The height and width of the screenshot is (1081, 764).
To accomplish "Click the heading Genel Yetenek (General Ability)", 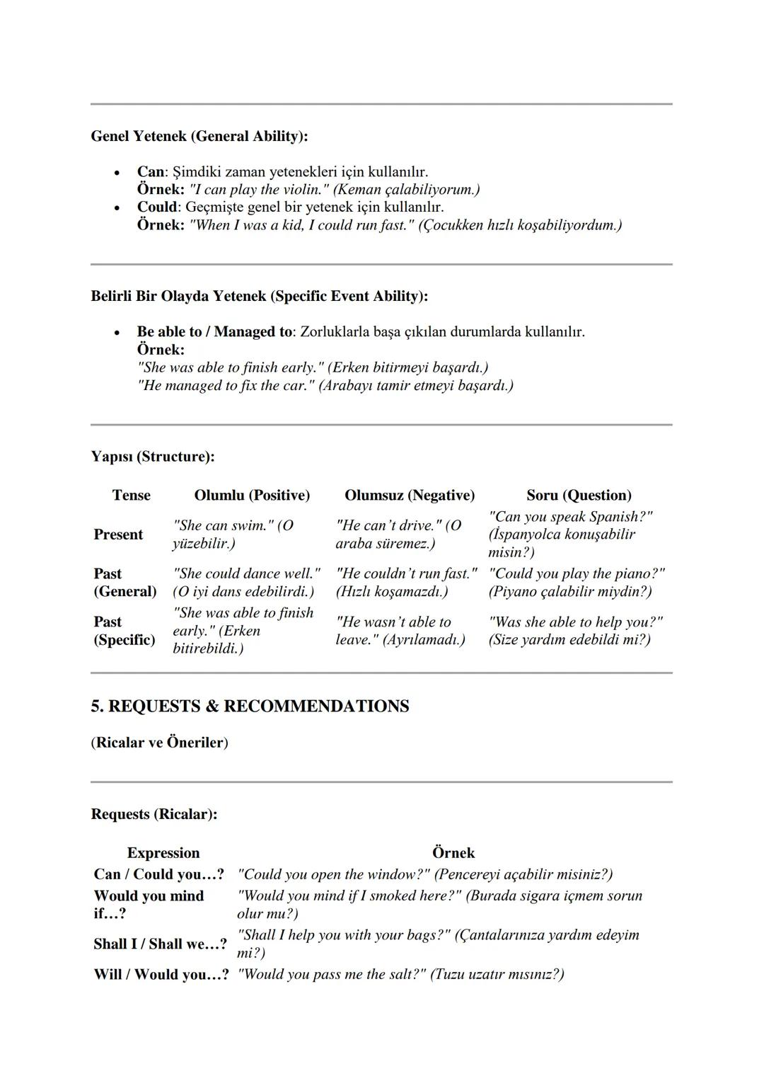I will (199, 136).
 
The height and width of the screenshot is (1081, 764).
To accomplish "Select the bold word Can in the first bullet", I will (150, 172).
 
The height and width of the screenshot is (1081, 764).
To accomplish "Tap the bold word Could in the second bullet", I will (156, 207).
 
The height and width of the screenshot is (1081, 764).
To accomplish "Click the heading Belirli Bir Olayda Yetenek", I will (259, 296).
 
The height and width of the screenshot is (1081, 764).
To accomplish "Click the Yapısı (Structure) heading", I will (152, 457).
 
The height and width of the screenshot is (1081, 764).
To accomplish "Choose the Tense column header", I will (131, 496).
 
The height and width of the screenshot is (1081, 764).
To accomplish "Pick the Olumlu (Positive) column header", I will (252, 496).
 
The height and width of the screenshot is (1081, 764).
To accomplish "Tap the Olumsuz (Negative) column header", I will (410, 496).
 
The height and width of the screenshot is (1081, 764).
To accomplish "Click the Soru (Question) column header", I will (579, 496).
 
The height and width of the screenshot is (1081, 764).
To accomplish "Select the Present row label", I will (118, 534).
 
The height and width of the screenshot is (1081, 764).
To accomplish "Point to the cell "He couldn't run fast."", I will (407, 574).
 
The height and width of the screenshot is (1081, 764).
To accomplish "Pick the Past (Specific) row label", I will (124, 631).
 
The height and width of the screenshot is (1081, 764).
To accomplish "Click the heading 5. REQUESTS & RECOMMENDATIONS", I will (250, 707).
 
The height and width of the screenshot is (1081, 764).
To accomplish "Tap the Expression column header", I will (163, 853).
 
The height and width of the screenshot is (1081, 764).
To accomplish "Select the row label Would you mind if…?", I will (149, 905).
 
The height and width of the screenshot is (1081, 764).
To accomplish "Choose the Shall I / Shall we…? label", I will (160, 944).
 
